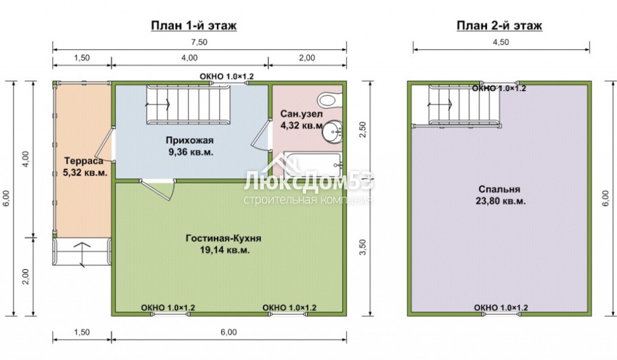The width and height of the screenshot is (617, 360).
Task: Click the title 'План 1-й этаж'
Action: coord(194,26)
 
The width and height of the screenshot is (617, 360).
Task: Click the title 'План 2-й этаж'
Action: coord(499,26)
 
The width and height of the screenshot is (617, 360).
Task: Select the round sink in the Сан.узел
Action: coord(332,131)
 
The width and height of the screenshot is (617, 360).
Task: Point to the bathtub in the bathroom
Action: coord(312,164)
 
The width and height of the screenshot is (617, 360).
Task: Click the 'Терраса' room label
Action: coord(84,161)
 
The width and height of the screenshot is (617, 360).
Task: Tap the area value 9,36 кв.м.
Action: coord(191,152)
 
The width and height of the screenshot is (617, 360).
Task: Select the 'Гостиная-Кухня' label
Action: coord(224,238)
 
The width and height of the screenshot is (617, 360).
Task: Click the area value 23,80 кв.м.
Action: coord(500,201)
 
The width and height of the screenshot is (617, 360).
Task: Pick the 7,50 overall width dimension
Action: coord(200,42)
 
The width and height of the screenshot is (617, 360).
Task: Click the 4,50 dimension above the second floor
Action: coord(501,42)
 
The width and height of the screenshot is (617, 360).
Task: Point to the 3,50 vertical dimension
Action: coord(362,248)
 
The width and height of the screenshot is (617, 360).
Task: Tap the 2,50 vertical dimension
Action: coord(362,130)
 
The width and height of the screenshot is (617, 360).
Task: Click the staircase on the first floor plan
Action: coord(188,105)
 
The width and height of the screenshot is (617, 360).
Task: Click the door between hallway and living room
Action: coord(158,189)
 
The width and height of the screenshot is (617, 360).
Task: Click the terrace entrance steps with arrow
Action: coord(82,252)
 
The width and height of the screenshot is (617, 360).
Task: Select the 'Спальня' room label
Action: coord(499,189)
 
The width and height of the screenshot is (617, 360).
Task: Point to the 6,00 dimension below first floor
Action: coord(228,332)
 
